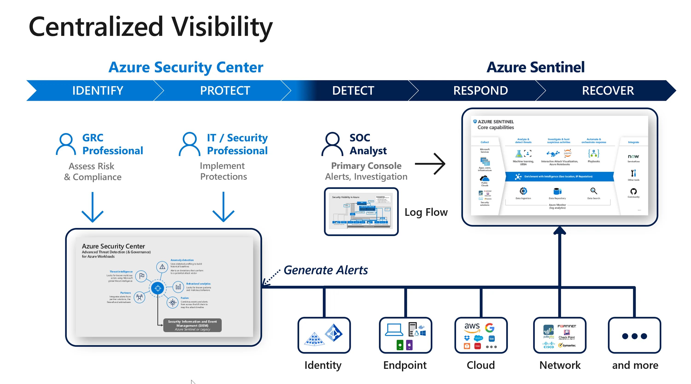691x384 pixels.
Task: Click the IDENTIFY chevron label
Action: (98, 91)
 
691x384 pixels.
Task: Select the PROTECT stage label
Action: (225, 91)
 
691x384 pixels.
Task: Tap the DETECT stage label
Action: (353, 91)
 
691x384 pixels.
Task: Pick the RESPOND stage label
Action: (480, 91)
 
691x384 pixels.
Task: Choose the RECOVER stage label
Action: (608, 91)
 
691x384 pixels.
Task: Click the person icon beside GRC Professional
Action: (66, 144)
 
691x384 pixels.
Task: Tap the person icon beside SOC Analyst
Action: (332, 144)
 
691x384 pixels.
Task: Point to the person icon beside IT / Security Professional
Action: (189, 144)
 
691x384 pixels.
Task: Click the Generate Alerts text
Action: (326, 270)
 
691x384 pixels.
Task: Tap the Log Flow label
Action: (426, 212)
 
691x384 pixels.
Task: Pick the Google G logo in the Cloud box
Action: (489, 327)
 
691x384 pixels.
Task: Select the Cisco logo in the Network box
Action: (549, 345)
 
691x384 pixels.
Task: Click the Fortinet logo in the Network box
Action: (567, 326)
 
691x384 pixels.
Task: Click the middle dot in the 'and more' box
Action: (634, 336)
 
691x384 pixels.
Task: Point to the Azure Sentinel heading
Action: (536, 67)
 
